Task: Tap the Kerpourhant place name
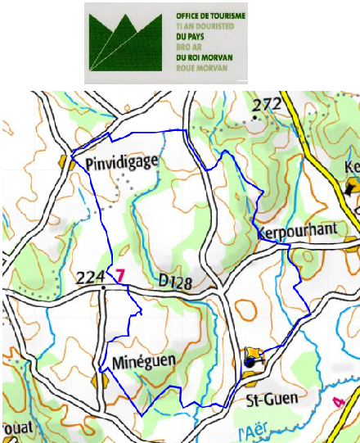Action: point(296,233)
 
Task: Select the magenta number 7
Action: point(120,276)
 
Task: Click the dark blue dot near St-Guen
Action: point(250,360)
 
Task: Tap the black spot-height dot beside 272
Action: point(256,117)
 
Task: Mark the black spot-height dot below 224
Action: point(103,288)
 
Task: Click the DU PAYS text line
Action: point(192,37)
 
